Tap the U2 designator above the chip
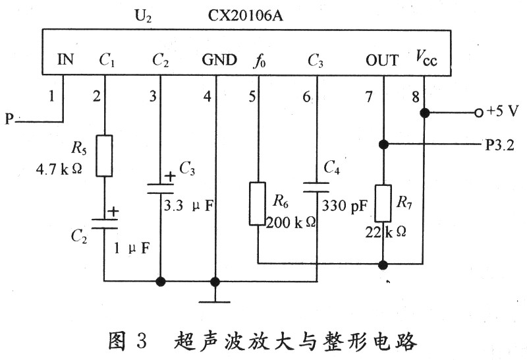(143, 13)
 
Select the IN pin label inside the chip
(65, 61)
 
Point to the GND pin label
(219, 61)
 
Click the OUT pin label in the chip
(382, 61)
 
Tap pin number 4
(208, 97)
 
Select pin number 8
(415, 97)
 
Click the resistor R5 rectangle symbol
(104, 156)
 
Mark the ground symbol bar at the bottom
(214, 302)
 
